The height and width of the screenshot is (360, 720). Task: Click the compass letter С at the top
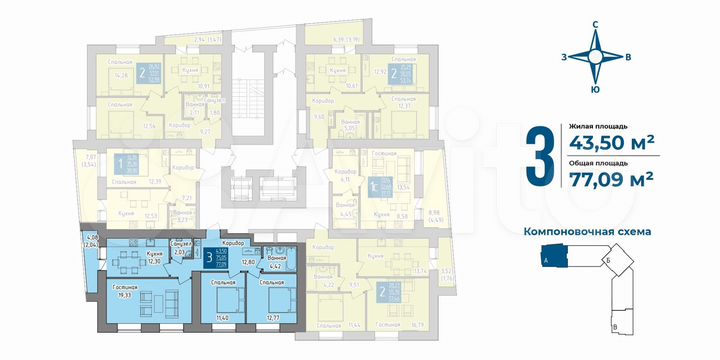(x=596, y=24)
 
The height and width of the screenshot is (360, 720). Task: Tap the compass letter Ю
(x=596, y=90)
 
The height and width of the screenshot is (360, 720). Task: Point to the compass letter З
(x=567, y=56)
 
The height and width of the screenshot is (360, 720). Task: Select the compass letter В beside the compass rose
(x=626, y=56)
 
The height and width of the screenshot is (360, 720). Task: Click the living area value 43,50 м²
(x=612, y=142)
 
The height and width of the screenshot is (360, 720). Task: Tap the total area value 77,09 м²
(x=612, y=180)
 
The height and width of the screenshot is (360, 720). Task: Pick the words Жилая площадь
(x=598, y=126)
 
